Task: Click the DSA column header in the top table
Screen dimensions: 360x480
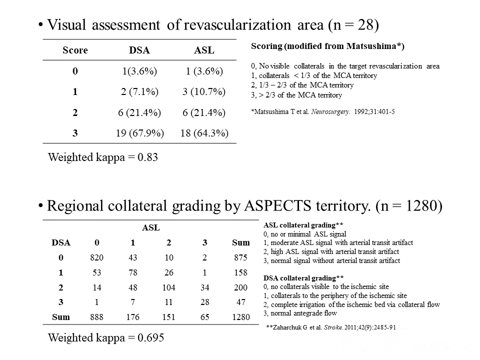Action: coord(139,50)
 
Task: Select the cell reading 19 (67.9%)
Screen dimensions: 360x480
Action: coord(139,133)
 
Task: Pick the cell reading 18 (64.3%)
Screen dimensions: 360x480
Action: coord(204,133)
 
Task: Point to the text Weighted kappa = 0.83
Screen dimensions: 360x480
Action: coord(102,157)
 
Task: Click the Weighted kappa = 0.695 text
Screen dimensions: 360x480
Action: coord(105,337)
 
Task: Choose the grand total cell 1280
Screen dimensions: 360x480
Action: coord(240,317)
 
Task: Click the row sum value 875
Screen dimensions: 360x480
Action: coord(240,257)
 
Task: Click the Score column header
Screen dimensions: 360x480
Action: coord(75,50)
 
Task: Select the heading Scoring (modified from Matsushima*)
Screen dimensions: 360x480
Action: coord(327,46)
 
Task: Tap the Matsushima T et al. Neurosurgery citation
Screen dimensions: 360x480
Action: coord(322,111)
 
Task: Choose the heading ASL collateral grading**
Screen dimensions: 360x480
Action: coord(303,225)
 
